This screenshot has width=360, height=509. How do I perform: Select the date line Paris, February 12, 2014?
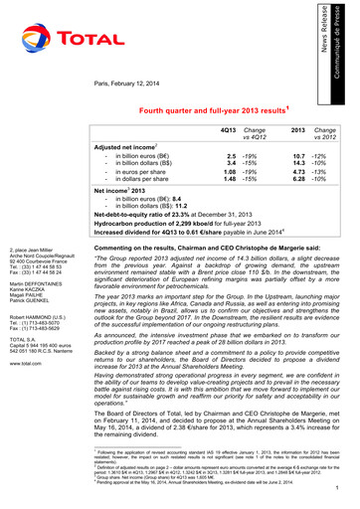coord(135,84)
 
